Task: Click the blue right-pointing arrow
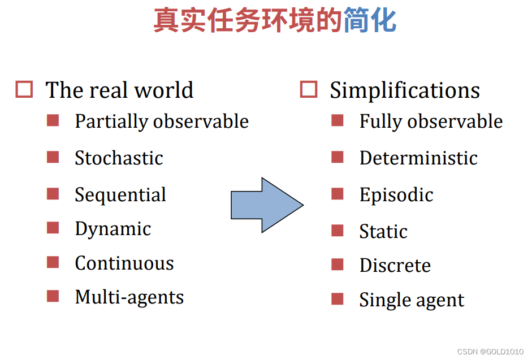pos(266,205)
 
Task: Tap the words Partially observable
pos(162,122)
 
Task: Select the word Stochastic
pos(119,158)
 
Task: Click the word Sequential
pos(120,195)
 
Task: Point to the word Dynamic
pos(113,229)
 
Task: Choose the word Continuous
pos(124,263)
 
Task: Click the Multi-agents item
pos(129,297)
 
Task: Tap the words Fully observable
pos(431,122)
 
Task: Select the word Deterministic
pos(418,158)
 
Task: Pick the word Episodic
pos(396,195)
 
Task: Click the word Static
pos(383,232)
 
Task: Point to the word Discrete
pos(395,266)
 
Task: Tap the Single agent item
pos(412,300)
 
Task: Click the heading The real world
pos(119,90)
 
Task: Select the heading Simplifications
pos(405,90)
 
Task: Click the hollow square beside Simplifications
pos(309,90)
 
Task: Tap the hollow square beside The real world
pos(24,90)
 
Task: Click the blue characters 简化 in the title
pos(370,20)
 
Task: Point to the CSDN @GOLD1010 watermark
pos(490,352)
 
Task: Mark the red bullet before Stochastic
pos(53,157)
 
